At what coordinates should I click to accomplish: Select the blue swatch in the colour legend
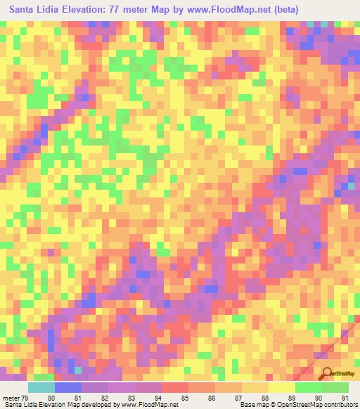(x=67, y=387)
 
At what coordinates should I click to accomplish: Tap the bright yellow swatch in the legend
(x=281, y=387)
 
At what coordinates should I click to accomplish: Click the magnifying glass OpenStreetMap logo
(x=327, y=374)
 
